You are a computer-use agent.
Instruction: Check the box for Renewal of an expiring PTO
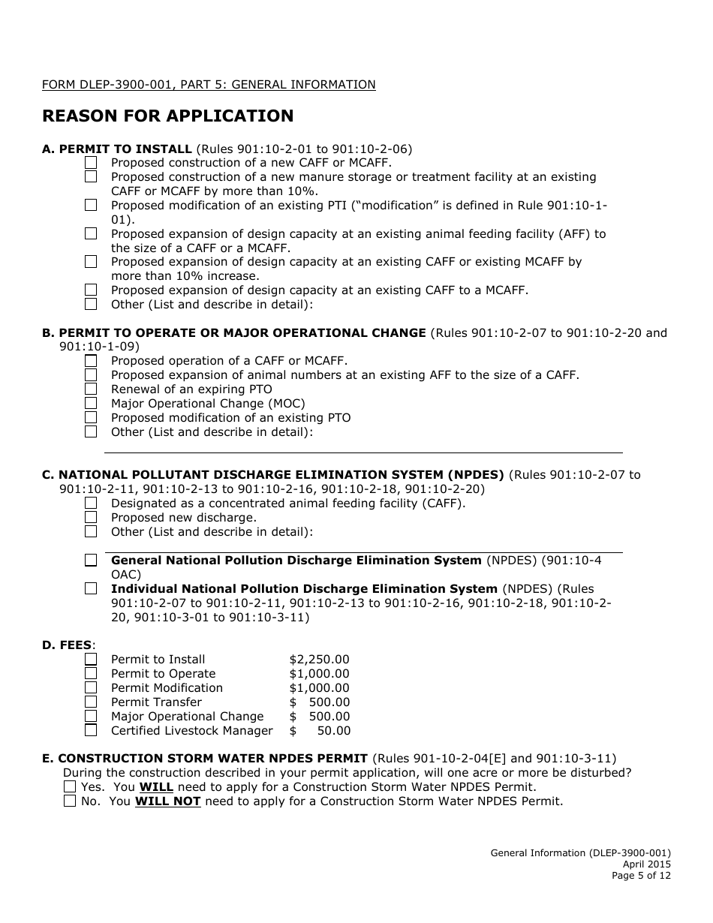(x=91, y=389)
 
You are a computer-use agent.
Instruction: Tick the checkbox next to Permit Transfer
(x=91, y=702)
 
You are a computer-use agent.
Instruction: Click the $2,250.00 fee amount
(x=319, y=660)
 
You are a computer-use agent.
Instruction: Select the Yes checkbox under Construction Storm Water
(x=70, y=786)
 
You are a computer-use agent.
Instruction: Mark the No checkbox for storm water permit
(x=70, y=801)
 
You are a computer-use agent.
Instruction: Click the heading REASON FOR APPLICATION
(x=167, y=116)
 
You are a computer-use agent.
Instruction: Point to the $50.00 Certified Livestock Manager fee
(x=320, y=730)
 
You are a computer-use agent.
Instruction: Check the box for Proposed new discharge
(x=91, y=517)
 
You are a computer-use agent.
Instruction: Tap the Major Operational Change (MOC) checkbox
(x=91, y=403)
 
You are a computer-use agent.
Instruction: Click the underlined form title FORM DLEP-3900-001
(x=209, y=85)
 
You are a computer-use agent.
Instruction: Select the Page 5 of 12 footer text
(x=640, y=875)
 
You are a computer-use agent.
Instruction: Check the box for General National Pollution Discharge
(x=91, y=560)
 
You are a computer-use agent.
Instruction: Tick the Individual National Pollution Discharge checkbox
(x=91, y=588)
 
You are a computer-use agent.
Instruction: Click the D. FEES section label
(x=68, y=645)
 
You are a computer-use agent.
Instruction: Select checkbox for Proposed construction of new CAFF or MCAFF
(x=91, y=162)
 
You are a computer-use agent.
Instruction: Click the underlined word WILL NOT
(x=167, y=801)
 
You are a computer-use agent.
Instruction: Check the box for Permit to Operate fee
(x=91, y=673)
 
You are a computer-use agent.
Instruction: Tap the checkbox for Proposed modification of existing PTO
(x=91, y=417)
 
